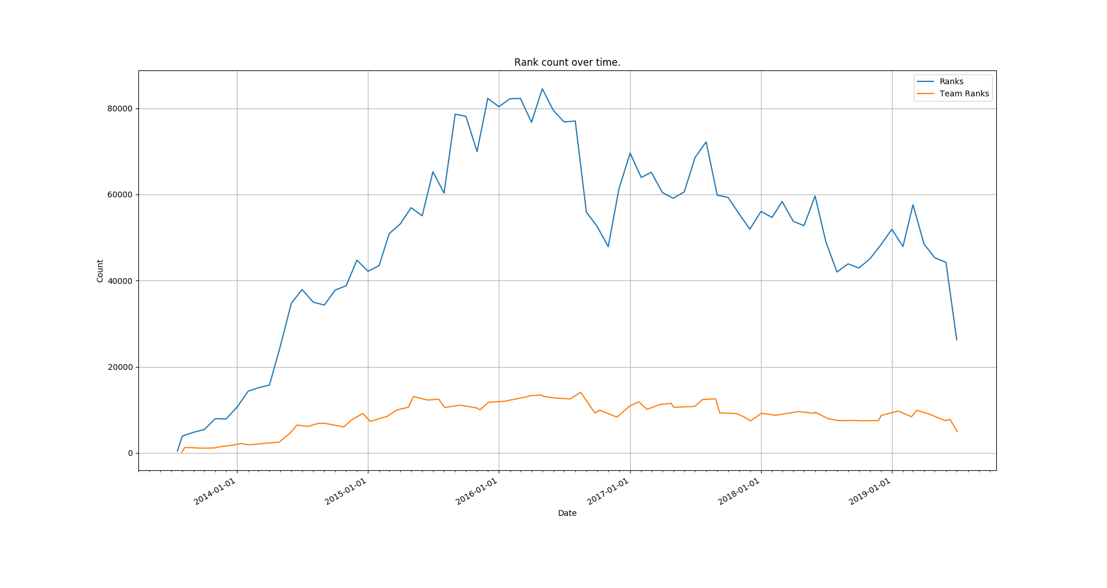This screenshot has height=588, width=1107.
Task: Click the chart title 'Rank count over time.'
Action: coord(567,62)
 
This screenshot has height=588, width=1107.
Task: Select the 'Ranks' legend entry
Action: coord(951,82)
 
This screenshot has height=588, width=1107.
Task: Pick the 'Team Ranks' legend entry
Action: coord(964,94)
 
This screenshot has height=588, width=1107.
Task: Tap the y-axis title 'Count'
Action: coord(100,271)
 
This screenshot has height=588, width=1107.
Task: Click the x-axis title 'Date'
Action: coord(567,513)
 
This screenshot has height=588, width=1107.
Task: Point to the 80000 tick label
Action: coord(118,109)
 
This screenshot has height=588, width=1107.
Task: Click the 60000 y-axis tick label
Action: coord(118,195)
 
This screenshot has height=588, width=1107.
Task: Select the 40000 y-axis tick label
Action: coord(118,281)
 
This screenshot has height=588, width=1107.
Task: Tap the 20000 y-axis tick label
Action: coord(118,367)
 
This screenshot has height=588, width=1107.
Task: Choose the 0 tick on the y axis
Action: coord(130,454)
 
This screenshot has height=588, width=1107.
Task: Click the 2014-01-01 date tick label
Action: coord(215,492)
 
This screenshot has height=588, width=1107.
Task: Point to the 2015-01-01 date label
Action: coord(346,492)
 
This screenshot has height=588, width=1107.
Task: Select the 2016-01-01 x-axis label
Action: coord(477,492)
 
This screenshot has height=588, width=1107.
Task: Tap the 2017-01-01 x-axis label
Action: coord(608,492)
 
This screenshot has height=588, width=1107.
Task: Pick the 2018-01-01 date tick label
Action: coord(739,492)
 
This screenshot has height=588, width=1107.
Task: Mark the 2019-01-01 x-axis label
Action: coord(870,492)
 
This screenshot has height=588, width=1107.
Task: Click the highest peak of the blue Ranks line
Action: coord(542,89)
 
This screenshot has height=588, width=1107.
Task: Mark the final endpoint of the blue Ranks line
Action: coord(957,339)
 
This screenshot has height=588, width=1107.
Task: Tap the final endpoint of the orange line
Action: coord(957,432)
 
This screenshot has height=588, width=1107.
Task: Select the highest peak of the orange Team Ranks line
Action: coord(581,392)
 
